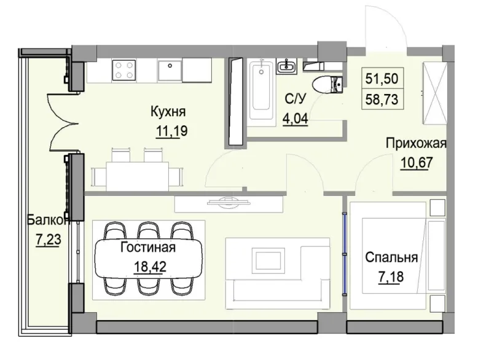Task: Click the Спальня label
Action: pos(391,257)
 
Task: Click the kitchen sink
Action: pos(169,70)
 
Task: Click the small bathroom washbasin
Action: pos(286,65)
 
